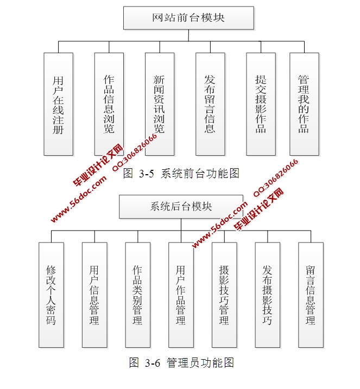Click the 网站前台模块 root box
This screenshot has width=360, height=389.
[x=188, y=18]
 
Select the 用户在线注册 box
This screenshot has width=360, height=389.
[x=58, y=104]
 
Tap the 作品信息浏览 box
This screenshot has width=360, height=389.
[x=109, y=104]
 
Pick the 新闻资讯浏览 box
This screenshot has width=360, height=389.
[x=159, y=104]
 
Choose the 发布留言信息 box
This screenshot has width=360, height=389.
[x=210, y=104]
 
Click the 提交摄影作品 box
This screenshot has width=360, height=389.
[x=261, y=104]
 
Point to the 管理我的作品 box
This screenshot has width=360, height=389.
[x=304, y=104]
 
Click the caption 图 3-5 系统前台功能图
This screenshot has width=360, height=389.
[x=181, y=174]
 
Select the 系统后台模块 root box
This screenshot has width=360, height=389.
[x=181, y=207]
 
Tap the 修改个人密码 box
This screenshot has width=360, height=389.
[x=51, y=295]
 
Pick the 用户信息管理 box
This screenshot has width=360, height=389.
[x=94, y=295]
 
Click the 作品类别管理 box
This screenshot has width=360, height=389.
[x=137, y=295]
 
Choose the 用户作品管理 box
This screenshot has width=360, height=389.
[x=181, y=295]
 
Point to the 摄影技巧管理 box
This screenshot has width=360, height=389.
[x=224, y=295]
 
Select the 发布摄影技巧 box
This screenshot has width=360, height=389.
[x=267, y=295]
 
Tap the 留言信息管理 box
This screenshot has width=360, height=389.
[x=311, y=295]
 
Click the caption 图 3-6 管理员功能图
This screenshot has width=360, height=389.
[x=181, y=363]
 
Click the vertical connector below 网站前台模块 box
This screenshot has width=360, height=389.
[x=188, y=35]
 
